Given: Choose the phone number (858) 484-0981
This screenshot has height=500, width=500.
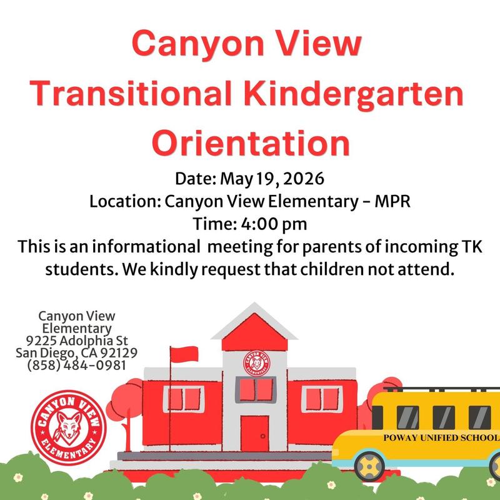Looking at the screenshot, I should pos(76,365).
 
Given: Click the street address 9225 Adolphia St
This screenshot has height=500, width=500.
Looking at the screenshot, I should pos(76,341).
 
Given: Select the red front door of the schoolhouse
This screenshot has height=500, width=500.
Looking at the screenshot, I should pos(254,433).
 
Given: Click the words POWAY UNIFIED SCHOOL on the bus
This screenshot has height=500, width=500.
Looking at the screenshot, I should pos(441,437).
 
